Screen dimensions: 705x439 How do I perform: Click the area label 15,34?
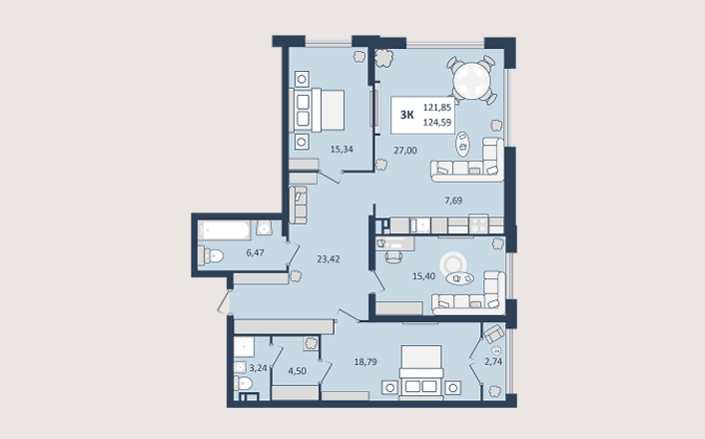pos(342,150)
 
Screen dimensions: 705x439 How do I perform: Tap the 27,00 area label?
pos(405,151)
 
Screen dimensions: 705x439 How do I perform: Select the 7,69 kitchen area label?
pos(453,201)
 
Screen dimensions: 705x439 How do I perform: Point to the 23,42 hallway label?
pos(329,258)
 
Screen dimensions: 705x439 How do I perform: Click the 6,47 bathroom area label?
pos(255,252)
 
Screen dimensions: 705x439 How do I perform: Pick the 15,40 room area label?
pos(423,276)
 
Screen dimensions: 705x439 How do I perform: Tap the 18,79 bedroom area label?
pos(365,362)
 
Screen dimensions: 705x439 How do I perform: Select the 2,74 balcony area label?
pos(493,361)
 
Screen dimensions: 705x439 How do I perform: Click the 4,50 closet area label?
pos(298,371)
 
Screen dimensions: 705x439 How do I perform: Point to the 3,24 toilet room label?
pos(258,368)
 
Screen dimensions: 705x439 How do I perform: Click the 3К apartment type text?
pos(406,115)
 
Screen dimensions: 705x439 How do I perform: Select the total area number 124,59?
pos(437,122)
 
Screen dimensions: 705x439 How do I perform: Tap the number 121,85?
pos(437,108)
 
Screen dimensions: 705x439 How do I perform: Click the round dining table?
pos(471,81)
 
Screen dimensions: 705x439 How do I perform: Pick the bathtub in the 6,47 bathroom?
pos(225,230)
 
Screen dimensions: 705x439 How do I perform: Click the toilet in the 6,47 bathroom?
pos(211,256)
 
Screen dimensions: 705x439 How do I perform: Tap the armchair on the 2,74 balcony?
pos(493,333)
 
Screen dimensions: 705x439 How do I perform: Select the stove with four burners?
pos(478,224)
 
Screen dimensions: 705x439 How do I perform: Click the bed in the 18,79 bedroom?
pos(421,371)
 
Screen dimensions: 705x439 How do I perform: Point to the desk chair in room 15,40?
pos(393,257)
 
